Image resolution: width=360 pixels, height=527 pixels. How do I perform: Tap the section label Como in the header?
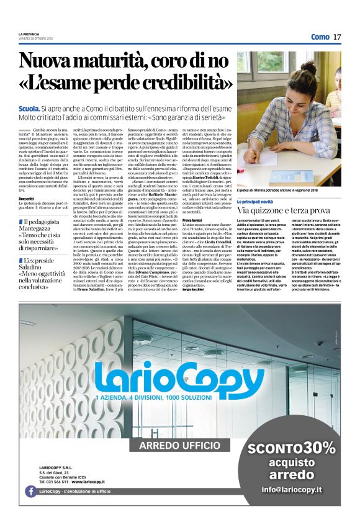320,37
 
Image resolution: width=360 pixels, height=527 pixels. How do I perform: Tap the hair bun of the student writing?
308,66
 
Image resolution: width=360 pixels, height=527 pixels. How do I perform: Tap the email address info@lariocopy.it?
291,490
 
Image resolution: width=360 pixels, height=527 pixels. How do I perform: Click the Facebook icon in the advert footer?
30,491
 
